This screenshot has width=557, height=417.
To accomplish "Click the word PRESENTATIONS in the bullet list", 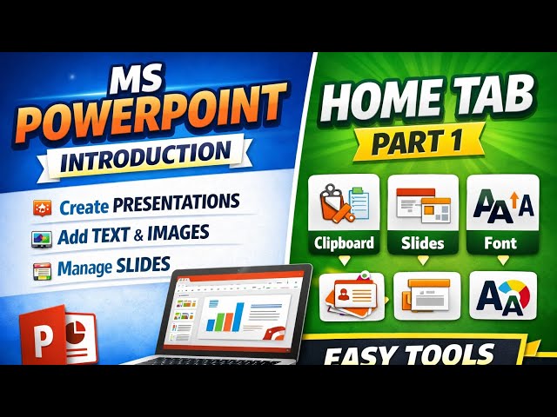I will pos(184,203).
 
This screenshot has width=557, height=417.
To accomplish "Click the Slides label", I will pos(422,244).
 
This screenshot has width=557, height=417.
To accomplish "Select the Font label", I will pos(500,244).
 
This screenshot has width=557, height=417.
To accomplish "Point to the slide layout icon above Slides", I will pos(422,202).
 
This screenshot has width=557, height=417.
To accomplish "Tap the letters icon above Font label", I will pos(500,202).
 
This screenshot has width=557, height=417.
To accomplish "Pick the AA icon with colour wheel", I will pos(502,296).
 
